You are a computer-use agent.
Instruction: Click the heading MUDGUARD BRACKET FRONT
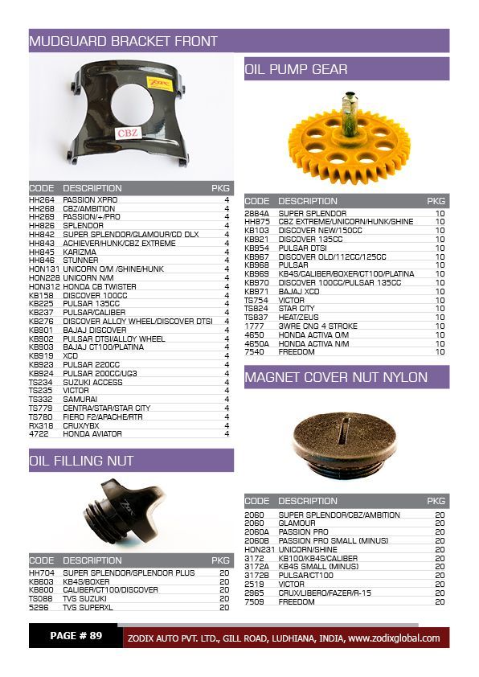coord(123,41)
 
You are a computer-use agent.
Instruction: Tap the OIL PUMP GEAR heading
coord(296,69)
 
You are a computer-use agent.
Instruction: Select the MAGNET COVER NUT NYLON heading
coord(336,377)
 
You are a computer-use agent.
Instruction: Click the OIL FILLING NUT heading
coord(81,461)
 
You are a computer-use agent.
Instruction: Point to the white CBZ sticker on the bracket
coord(127,133)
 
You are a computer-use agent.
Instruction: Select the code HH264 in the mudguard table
coord(42,199)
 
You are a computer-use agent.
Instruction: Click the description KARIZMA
coord(80,252)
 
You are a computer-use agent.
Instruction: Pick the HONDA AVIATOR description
coord(92,434)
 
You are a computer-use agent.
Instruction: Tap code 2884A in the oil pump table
coord(257,213)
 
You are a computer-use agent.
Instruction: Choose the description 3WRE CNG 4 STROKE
coord(317,326)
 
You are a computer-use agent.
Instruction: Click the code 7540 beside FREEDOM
coord(254,351)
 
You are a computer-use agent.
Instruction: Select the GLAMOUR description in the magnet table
coord(297,523)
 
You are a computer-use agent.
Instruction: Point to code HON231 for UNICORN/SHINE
coord(258,549)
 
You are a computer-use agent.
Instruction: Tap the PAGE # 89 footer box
coord(76,636)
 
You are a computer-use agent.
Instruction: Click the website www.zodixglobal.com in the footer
coord(394,638)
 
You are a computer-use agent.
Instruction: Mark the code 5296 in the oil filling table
coord(39,608)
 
